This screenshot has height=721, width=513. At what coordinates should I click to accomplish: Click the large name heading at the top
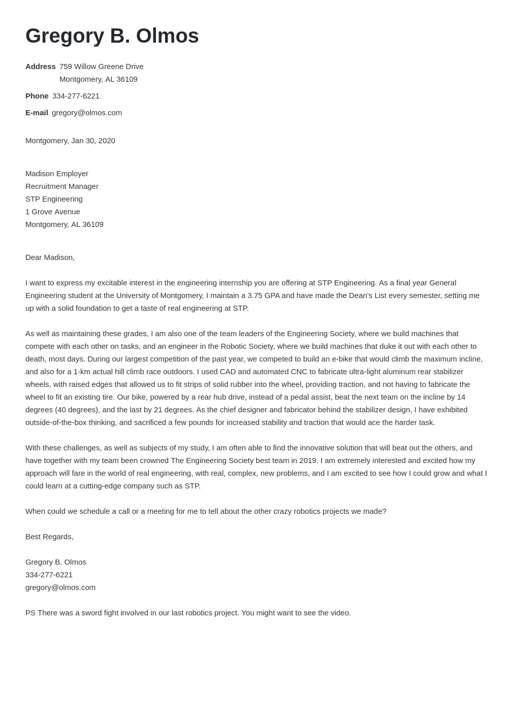click(x=112, y=36)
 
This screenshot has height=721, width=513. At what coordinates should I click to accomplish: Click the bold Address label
click(x=41, y=67)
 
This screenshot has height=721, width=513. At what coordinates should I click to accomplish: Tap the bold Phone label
click(x=37, y=96)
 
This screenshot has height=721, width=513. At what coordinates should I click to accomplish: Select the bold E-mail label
click(x=37, y=113)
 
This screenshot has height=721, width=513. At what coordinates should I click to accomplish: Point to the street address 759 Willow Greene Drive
click(x=101, y=67)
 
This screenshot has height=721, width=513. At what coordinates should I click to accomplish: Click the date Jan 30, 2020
click(x=93, y=141)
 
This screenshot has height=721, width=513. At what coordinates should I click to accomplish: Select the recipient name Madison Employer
click(x=57, y=174)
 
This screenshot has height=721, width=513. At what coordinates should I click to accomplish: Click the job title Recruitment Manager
click(x=62, y=186)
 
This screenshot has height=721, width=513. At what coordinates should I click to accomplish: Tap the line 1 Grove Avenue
click(x=53, y=212)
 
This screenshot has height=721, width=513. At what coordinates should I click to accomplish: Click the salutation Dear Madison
click(x=50, y=257)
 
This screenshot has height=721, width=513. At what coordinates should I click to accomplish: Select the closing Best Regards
click(x=49, y=537)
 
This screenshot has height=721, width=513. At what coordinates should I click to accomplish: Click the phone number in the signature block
click(x=49, y=575)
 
